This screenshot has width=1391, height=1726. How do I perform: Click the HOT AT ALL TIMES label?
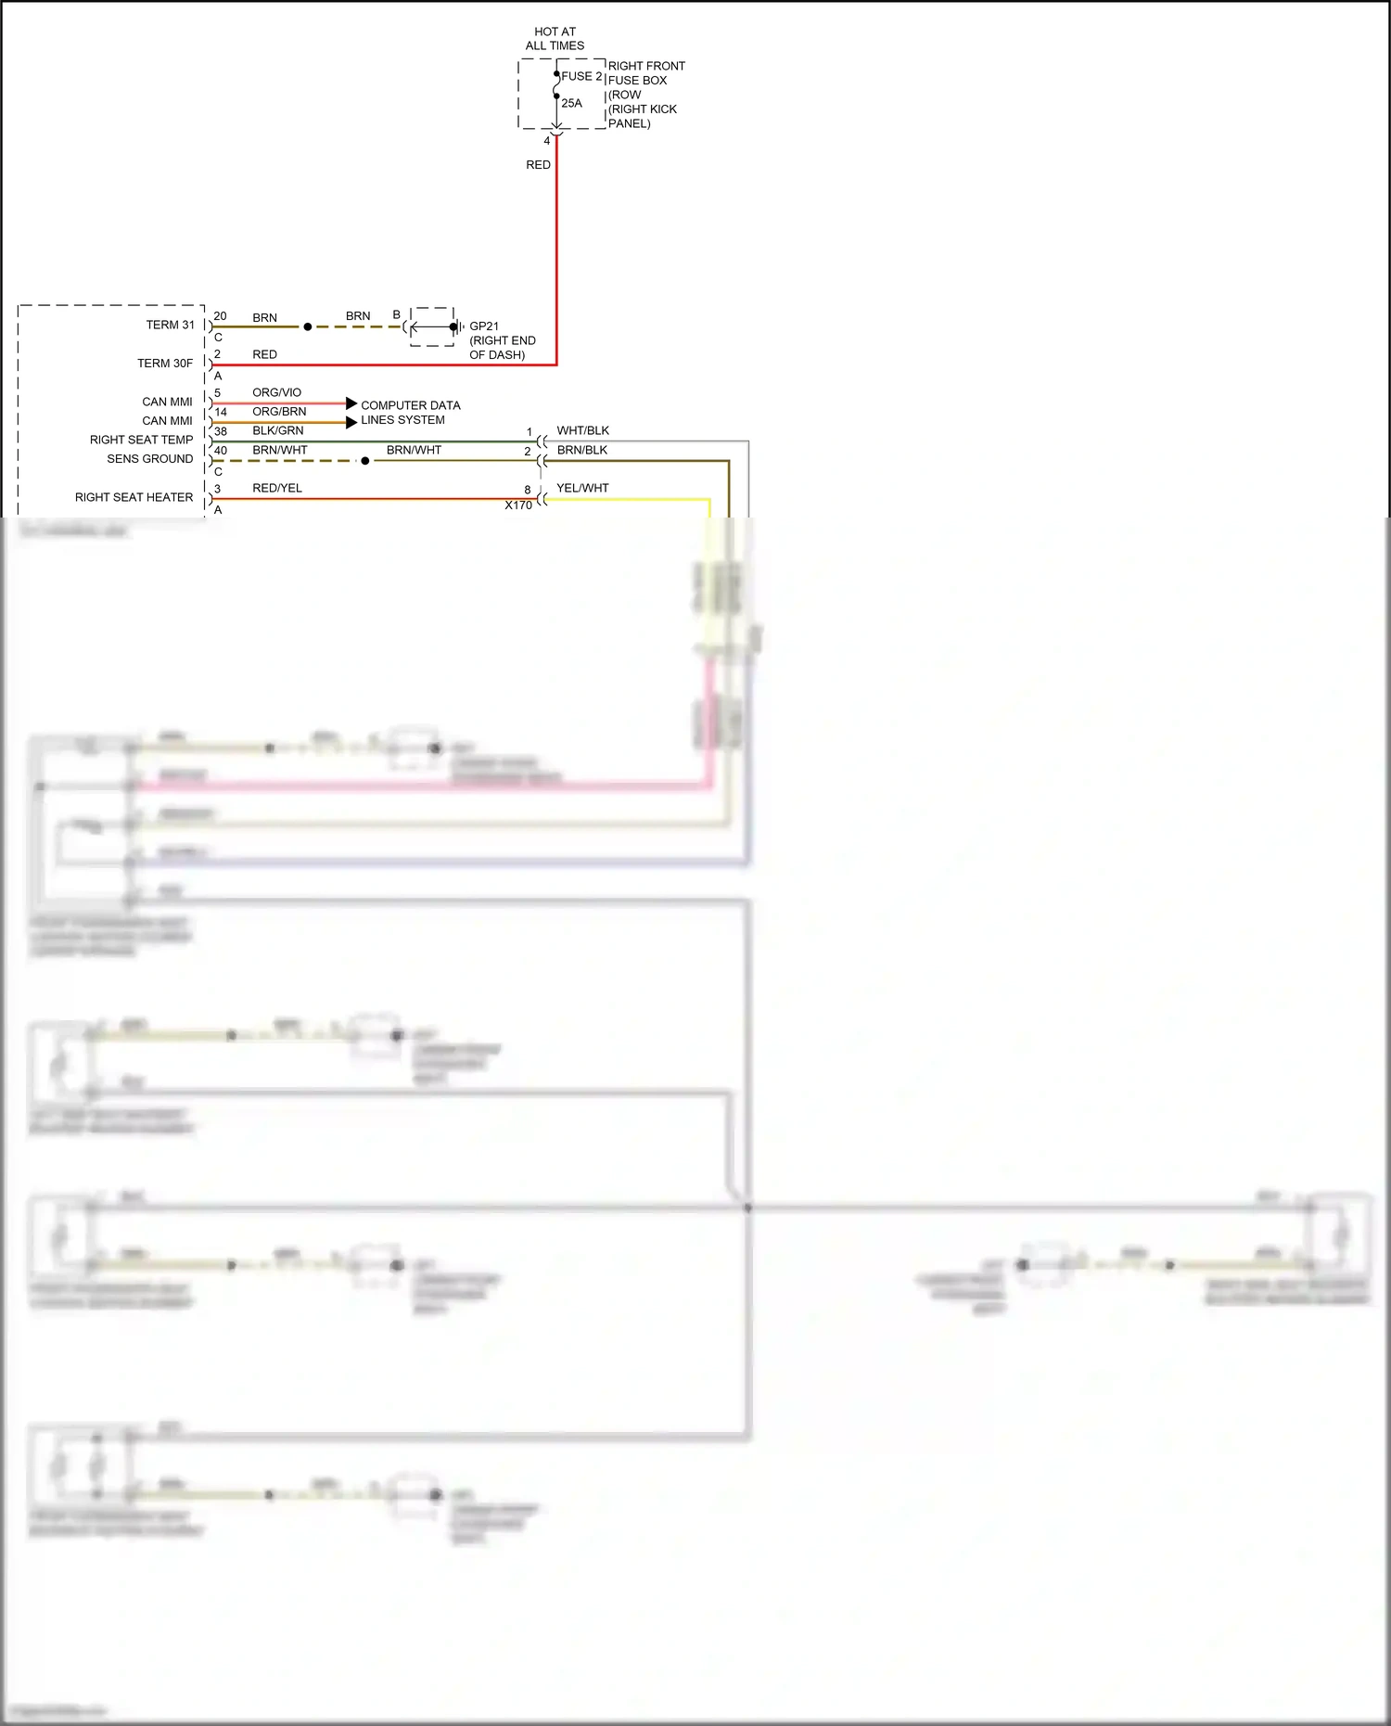[555, 38]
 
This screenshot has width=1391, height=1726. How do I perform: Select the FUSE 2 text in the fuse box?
[581, 76]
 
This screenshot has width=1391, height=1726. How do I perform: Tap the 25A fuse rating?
[571, 103]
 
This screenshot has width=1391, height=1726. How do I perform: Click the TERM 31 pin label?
[170, 325]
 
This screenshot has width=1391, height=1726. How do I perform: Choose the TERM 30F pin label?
[165, 363]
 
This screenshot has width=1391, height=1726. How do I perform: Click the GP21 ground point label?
[484, 326]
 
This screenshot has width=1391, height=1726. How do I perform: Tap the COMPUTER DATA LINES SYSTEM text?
[410, 412]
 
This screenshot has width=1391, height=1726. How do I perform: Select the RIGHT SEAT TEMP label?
[141, 440]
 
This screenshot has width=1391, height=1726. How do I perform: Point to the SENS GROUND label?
[149, 458]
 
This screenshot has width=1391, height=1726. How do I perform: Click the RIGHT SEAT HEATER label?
[134, 497]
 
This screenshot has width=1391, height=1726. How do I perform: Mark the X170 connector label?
[518, 505]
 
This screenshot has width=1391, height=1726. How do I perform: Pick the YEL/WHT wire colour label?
[582, 488]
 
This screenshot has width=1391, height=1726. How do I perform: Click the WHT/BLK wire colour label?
[582, 430]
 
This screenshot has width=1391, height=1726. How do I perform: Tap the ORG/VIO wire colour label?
[276, 392]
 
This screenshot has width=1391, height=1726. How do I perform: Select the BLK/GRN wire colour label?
[277, 430]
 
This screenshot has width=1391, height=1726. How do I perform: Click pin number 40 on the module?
[221, 450]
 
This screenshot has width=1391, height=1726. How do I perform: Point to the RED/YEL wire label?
[277, 488]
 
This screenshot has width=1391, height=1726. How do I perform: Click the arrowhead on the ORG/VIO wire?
[351, 403]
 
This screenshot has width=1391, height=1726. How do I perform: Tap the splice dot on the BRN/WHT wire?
[364, 461]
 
